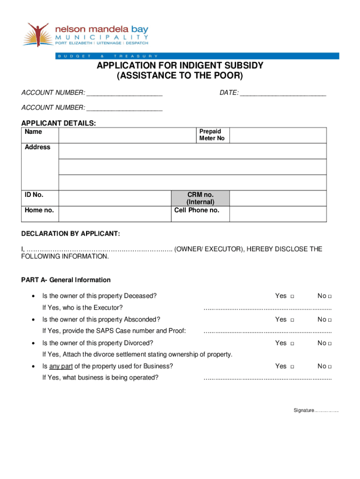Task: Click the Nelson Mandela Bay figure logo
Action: [37, 34]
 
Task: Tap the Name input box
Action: [126, 135]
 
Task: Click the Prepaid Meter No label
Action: [212, 135]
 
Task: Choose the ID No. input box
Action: [115, 198]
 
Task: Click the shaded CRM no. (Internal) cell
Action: [201, 198]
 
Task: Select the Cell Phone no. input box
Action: [278, 214]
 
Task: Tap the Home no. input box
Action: [115, 214]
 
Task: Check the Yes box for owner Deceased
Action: [292, 297]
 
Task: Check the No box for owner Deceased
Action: [330, 297]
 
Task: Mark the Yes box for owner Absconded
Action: [292, 320]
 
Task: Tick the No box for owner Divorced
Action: [330, 343]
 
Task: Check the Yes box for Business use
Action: [292, 367]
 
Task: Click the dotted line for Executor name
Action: [267, 309]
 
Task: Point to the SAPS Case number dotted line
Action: [267, 332]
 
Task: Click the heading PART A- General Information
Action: [66, 280]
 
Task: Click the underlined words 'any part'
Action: [61, 366]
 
